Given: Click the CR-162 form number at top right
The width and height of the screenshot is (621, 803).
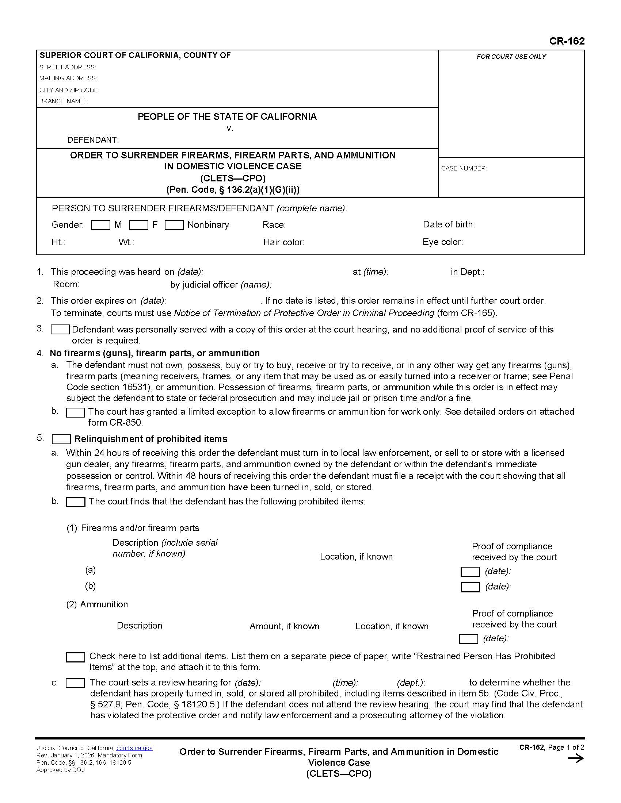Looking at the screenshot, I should (x=567, y=41).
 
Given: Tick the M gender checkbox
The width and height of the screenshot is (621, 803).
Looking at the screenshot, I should (x=100, y=225).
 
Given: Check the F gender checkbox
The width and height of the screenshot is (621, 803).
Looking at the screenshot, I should (x=139, y=225).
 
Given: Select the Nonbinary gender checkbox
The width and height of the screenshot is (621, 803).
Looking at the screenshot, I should (x=174, y=225).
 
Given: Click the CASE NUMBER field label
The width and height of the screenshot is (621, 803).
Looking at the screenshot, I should (x=464, y=168).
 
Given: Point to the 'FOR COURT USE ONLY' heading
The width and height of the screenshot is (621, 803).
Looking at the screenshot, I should (x=511, y=57).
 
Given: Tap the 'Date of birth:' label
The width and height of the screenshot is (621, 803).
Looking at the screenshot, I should (x=449, y=224).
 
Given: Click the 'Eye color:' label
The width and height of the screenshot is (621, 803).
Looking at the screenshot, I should (x=443, y=242).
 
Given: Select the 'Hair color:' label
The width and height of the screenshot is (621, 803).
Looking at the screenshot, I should (x=283, y=242).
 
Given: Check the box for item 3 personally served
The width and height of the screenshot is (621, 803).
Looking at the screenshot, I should (x=60, y=330).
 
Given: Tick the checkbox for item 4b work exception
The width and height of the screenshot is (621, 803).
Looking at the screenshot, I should (x=75, y=412).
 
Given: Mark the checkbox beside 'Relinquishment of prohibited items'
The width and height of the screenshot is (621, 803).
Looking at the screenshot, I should (x=61, y=439).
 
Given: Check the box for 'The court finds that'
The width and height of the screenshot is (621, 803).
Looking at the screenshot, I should (x=75, y=502).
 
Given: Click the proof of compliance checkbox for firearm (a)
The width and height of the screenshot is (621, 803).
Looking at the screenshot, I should (x=470, y=572).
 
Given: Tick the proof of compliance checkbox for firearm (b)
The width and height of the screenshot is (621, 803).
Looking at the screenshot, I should (x=470, y=587).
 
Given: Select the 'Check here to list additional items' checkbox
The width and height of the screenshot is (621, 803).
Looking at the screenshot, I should (x=75, y=657).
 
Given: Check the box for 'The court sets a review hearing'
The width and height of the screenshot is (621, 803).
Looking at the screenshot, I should (x=75, y=683).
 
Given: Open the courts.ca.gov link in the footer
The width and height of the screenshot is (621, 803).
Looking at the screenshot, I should (x=134, y=748).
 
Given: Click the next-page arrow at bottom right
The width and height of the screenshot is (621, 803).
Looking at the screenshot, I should (x=575, y=758).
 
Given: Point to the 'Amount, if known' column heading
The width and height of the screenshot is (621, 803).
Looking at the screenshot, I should (x=284, y=626).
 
